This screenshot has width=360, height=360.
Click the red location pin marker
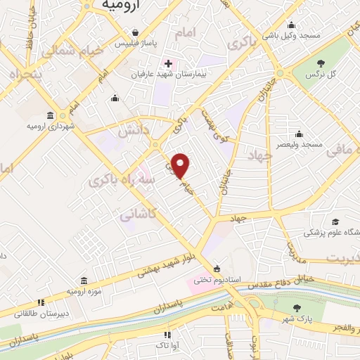[x=181, y=166]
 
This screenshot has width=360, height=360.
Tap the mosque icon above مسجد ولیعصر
[x=300, y=134]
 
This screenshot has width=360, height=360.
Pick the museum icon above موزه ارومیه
[x=84, y=281]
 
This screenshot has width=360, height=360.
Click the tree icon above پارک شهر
[x=297, y=307]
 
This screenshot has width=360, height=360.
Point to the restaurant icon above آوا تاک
[x=167, y=335]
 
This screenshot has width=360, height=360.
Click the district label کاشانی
[x=136, y=213]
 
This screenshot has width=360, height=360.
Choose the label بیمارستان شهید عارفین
[x=166, y=73]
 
